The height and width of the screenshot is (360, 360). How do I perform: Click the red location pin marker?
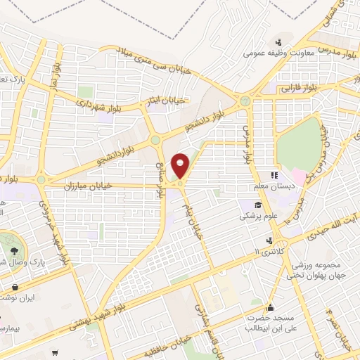pos(181,166)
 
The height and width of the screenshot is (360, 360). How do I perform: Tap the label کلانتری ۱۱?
pos(267,251)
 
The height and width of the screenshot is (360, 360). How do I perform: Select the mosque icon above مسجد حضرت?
pos(271,307)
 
